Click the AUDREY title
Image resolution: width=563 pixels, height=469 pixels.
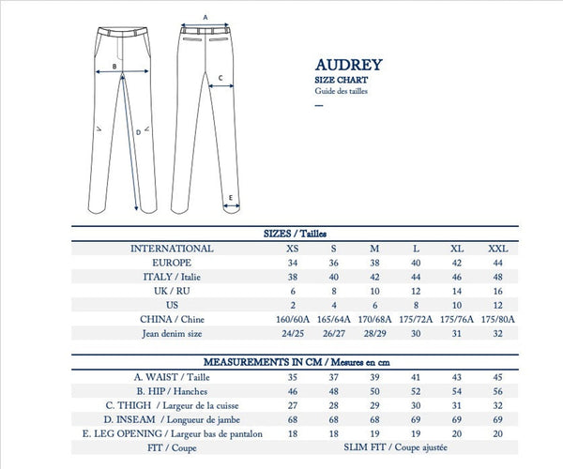348,68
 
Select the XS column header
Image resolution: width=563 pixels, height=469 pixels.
295,249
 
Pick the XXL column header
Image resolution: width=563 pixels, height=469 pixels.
497,249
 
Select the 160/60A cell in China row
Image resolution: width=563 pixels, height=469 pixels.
295,320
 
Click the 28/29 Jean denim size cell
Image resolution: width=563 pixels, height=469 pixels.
374,334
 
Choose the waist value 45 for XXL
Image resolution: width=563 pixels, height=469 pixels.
497,376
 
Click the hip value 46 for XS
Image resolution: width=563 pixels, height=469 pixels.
295,390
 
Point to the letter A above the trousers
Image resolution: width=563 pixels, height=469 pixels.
205,17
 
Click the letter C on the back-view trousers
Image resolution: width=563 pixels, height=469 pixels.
220,79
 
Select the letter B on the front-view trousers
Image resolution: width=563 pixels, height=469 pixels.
114,67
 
